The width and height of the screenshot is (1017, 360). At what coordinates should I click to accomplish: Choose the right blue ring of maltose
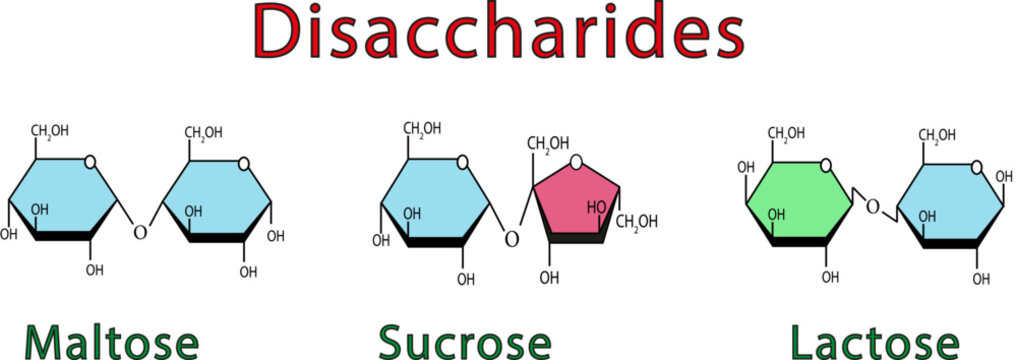click(215, 197)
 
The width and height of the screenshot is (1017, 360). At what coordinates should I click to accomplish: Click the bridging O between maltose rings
click(140, 233)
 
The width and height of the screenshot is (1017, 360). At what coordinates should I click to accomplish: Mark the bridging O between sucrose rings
click(511, 239)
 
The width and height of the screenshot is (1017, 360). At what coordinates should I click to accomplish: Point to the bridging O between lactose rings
click(872, 207)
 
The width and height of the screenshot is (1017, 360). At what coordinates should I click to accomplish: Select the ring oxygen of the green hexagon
click(825, 163)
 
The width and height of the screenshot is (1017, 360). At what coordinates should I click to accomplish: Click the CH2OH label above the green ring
click(787, 134)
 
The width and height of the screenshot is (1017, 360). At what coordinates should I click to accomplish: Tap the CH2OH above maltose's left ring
click(50, 131)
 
